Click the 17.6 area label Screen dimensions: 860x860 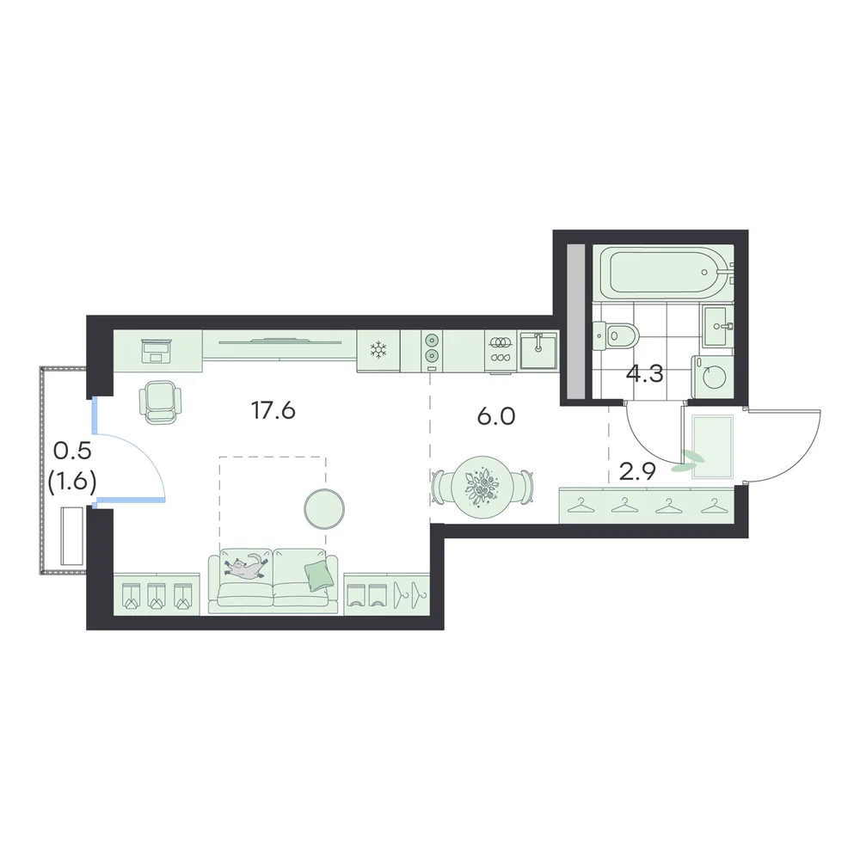pos(273,410)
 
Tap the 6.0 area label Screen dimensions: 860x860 pos(496,417)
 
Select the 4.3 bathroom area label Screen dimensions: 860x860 pos(645,374)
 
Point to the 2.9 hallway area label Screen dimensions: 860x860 pos(637,471)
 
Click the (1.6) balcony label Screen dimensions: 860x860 pos(72,482)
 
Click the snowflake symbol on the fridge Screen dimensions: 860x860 pos(378,350)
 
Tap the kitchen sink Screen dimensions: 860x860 pos(538,350)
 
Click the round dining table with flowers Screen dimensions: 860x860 pos(482,485)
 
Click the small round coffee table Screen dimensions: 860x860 pos(324,509)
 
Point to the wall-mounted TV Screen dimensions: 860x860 pos(279,342)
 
